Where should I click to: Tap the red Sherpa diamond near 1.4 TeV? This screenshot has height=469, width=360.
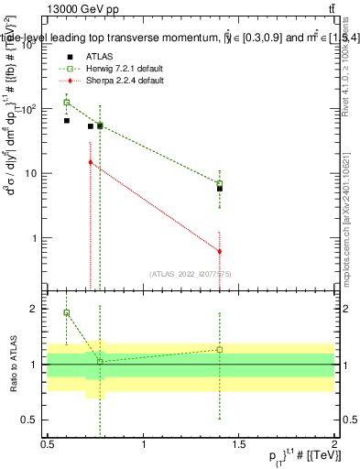(x=220, y=251)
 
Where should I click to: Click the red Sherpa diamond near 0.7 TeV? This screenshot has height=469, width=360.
(x=90, y=162)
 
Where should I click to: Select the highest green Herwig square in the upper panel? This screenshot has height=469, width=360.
(x=67, y=103)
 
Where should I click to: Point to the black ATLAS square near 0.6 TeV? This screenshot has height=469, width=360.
(x=67, y=120)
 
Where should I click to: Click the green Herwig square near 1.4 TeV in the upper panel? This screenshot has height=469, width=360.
(x=220, y=183)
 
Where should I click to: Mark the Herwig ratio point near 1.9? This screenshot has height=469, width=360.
(x=67, y=312)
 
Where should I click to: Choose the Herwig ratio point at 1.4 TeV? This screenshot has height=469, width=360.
(x=220, y=349)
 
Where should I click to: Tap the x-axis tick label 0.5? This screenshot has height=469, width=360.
(x=48, y=443)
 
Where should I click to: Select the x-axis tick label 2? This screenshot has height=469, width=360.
(x=334, y=443)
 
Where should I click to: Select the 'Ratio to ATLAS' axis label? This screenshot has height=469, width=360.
(x=12, y=365)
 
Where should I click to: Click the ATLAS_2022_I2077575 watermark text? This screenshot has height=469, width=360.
(x=191, y=273)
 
